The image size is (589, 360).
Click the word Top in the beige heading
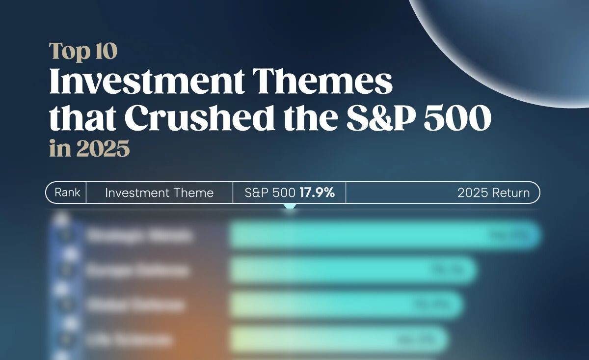point(66,52)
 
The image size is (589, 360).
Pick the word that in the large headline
point(82,118)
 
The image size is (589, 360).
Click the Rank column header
point(67,193)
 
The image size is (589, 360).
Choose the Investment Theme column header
point(159,193)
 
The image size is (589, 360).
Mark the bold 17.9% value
point(317,193)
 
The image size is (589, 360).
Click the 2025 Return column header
point(493,193)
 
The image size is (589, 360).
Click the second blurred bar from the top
point(351,271)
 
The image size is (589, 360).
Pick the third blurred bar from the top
point(344,305)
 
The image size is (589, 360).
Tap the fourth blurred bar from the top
point(336,339)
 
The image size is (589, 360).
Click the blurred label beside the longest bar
point(138,236)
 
